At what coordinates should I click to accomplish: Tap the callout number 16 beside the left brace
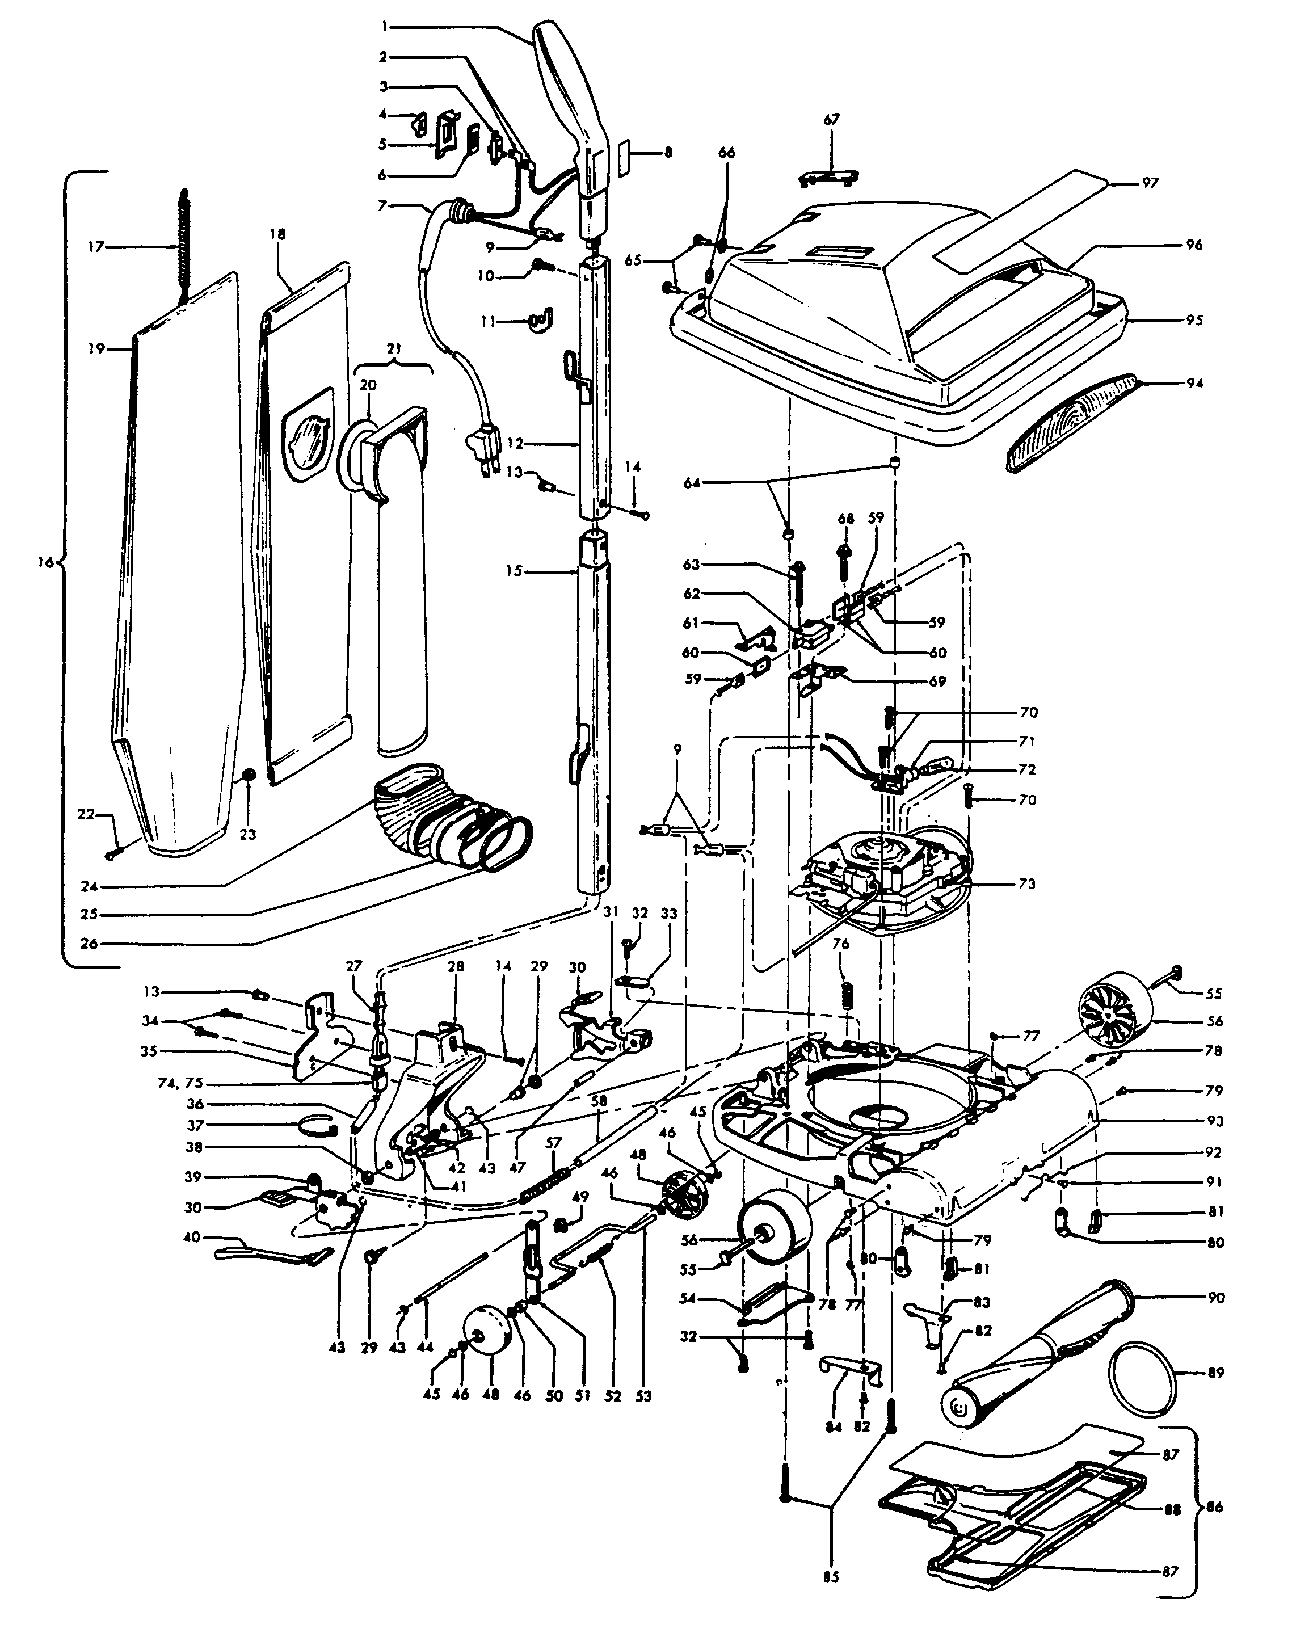click(46, 562)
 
